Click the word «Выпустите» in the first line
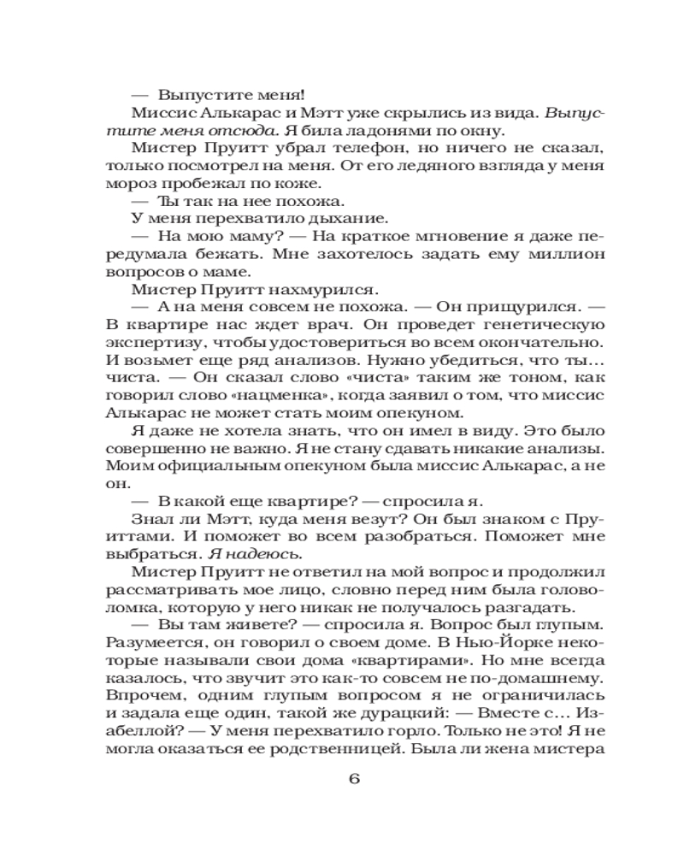(x=200, y=94)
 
